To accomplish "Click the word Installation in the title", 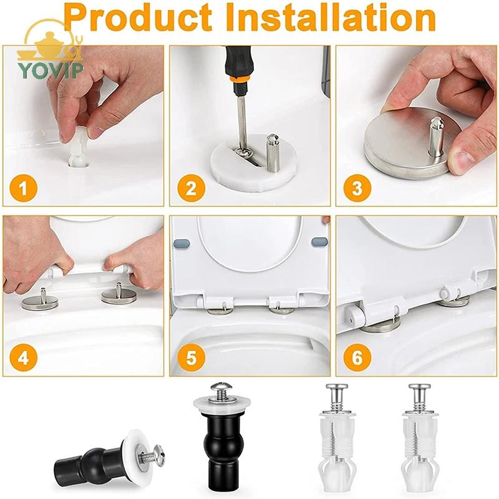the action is pyautogui.click(x=331, y=17).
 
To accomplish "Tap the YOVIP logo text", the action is pyautogui.click(x=51, y=70).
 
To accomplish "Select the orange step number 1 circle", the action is pyautogui.click(x=23, y=188).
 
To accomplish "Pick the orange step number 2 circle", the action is pyautogui.click(x=191, y=188).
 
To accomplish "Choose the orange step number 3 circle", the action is pyautogui.click(x=357, y=188).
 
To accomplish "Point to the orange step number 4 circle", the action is pyautogui.click(x=23, y=357).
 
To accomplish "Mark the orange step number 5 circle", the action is pyautogui.click(x=191, y=357).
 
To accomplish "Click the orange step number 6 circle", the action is pyautogui.click(x=357, y=357).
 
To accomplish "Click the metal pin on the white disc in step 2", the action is pyautogui.click(x=272, y=153).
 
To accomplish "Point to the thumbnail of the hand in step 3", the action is pyautogui.click(x=466, y=162).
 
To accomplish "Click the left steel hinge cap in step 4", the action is pyautogui.click(x=40, y=301).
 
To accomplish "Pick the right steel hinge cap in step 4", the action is pyautogui.click(x=119, y=294).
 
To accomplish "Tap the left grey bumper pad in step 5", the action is pyautogui.click(x=182, y=244).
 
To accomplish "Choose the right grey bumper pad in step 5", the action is pyautogui.click(x=319, y=241).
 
